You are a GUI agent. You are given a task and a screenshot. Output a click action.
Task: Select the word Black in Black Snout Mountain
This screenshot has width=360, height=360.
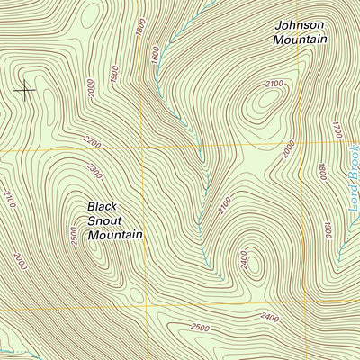[103, 206]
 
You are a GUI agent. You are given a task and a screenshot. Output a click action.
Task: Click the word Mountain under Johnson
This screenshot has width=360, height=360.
[300, 40]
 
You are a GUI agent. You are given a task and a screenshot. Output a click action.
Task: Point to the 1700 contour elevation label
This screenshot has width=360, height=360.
[337, 131]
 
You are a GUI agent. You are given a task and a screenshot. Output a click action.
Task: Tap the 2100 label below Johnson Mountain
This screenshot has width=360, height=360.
[274, 85]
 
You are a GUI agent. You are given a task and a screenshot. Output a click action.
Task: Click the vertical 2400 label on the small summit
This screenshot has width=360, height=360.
[243, 257]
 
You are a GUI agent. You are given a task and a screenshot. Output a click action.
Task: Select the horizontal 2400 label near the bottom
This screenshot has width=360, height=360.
[267, 317]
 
